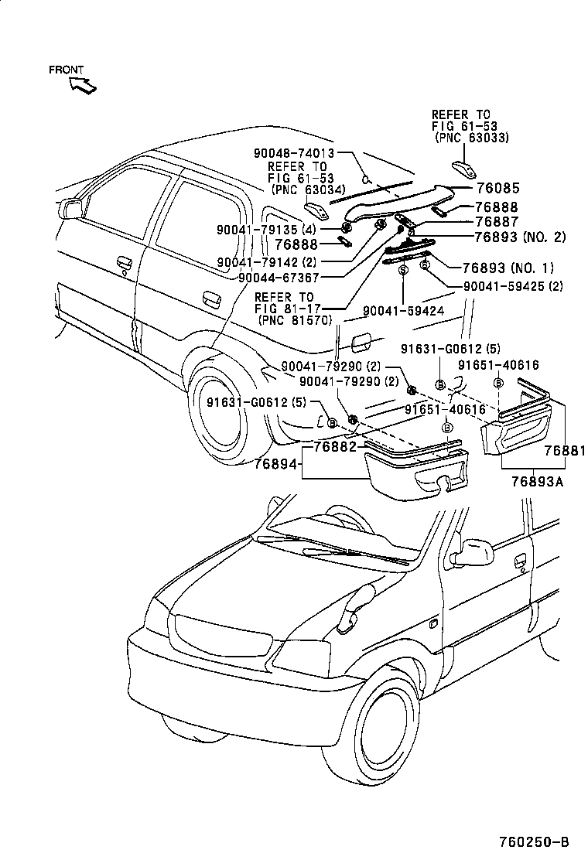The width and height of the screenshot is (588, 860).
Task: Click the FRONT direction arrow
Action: coord(83,84)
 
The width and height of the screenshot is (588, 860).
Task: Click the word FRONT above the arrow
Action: coord(66,70)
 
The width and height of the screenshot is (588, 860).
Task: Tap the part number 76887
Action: coord(496,222)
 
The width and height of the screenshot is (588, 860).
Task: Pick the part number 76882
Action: coord(338,448)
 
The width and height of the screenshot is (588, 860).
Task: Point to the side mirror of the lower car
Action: coord(472,551)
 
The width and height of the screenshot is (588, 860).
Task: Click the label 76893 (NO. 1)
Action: coord(508,268)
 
